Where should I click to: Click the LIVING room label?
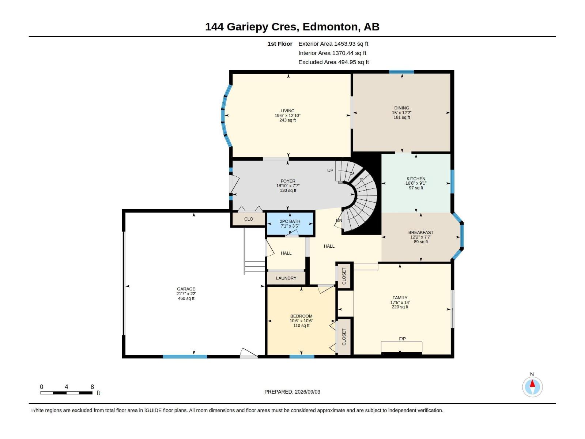287,110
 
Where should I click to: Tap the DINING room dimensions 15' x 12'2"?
401,113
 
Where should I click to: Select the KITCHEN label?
416,179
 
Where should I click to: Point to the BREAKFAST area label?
420,232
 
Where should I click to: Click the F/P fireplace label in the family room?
402,339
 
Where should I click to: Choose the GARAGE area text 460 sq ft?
186,298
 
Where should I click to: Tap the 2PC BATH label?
290,221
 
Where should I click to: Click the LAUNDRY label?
286,278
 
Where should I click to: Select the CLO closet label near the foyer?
248,219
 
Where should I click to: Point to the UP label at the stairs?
330,170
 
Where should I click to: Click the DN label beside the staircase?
339,220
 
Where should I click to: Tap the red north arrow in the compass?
532,383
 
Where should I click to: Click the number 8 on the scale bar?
92,387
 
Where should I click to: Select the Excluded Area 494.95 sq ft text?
333,62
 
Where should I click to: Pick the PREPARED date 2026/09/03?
307,392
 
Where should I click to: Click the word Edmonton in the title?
330,27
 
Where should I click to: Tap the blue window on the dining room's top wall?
401,72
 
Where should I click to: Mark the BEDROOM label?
301,316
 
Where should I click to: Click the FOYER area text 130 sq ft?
288,190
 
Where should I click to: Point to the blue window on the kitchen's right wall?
452,181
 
